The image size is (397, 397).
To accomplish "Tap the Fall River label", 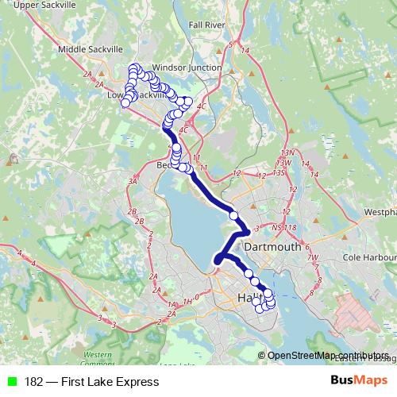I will pos(208,25).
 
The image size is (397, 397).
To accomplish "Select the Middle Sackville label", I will pos(84,49).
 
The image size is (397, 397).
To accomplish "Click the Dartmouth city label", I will pos(273,247).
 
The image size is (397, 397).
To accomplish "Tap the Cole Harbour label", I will pos(369,258).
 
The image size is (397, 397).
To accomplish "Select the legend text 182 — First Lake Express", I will pos(91,382).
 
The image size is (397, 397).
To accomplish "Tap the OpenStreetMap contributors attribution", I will pos(328,356).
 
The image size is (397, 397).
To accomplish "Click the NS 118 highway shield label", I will pos(283,229).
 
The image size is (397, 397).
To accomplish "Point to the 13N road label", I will pos(287,152).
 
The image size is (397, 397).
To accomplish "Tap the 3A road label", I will pos(133,182).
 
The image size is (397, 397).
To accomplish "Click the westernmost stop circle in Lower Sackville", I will pos(125,102).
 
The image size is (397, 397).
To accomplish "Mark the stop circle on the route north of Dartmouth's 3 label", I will pos(233,214).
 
